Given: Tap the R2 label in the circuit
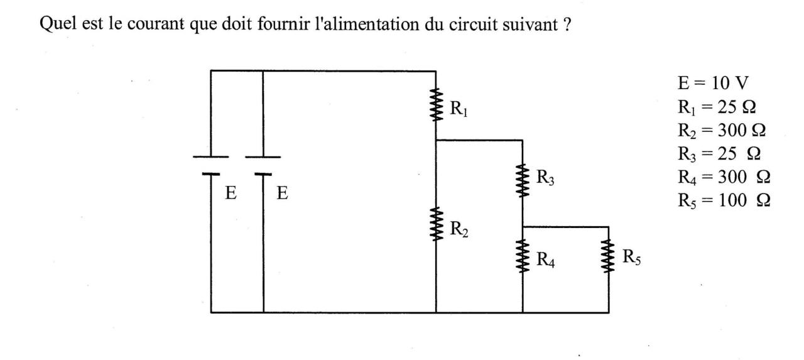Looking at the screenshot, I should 459,229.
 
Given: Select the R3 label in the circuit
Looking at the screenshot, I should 545,178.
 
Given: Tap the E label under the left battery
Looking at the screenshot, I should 231,194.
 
